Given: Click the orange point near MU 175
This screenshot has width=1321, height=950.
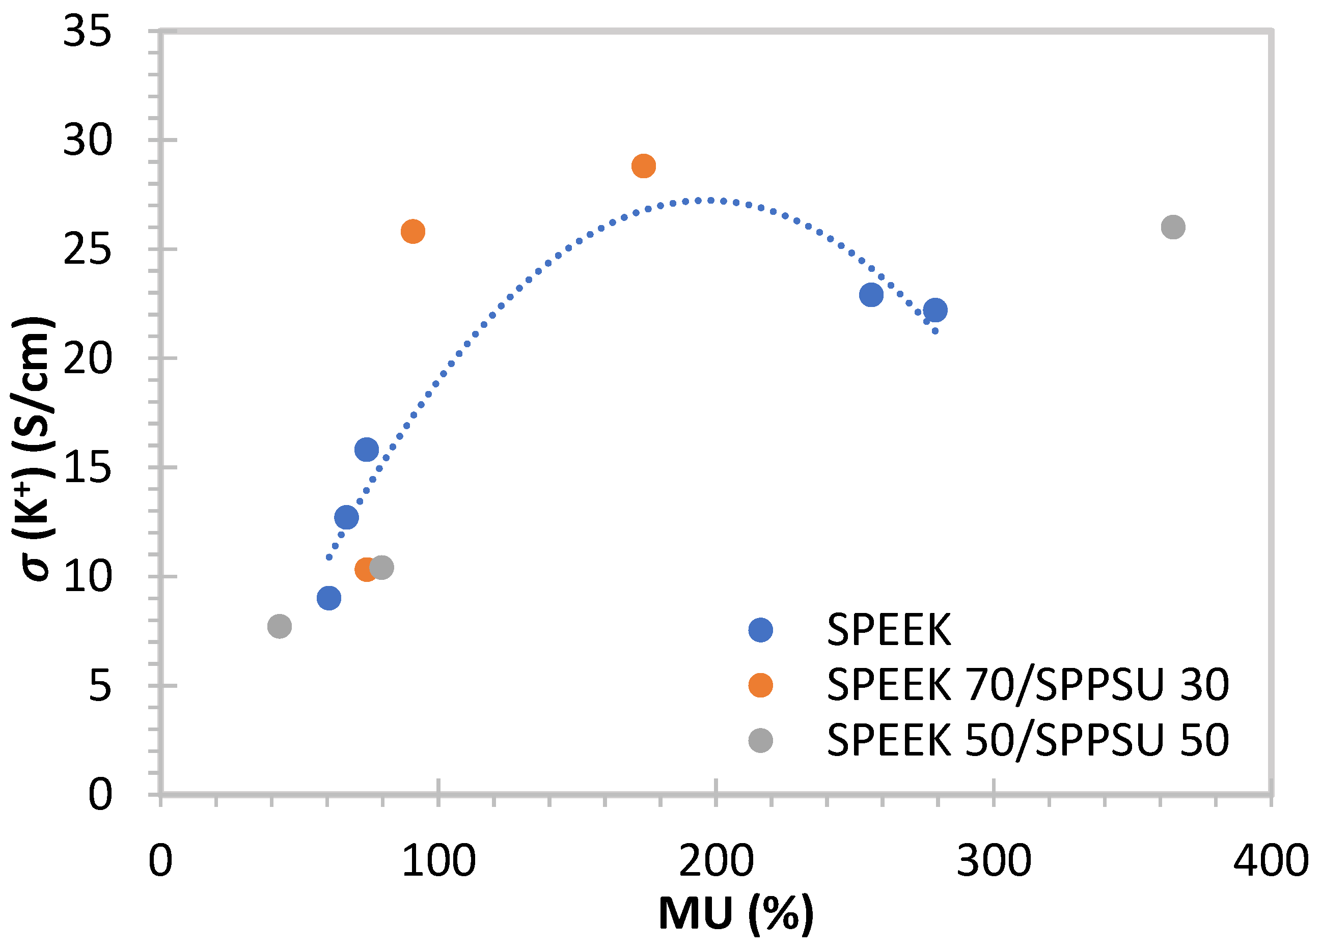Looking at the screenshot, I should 643,166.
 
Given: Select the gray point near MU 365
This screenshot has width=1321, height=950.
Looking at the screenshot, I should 1173,227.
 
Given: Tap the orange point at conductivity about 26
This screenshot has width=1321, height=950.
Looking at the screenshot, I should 413,232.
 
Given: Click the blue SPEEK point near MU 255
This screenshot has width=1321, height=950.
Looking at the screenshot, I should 871,295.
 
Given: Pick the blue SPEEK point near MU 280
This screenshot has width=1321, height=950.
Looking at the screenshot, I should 935,310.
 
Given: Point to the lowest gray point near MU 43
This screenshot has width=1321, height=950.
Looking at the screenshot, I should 280,626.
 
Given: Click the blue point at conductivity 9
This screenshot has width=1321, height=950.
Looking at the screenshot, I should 329,598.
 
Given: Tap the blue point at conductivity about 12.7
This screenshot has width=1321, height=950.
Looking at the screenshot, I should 347,517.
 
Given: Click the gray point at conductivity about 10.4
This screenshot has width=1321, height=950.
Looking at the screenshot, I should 381,567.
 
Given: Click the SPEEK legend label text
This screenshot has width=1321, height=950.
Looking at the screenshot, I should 889,630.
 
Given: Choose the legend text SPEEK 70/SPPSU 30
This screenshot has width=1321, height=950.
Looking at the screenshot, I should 1028,685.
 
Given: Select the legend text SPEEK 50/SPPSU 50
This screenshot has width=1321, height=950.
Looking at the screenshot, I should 1028,740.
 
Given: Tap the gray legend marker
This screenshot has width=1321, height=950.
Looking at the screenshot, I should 761,740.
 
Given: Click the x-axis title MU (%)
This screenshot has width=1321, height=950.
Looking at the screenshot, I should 736,914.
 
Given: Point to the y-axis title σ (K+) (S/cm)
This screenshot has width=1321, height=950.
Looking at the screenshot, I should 34,449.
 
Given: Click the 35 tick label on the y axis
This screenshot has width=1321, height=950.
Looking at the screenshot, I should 88,32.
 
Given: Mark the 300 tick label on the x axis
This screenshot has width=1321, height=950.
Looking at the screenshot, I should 994,861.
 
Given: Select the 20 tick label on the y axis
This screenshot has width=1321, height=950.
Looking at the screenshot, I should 88,359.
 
